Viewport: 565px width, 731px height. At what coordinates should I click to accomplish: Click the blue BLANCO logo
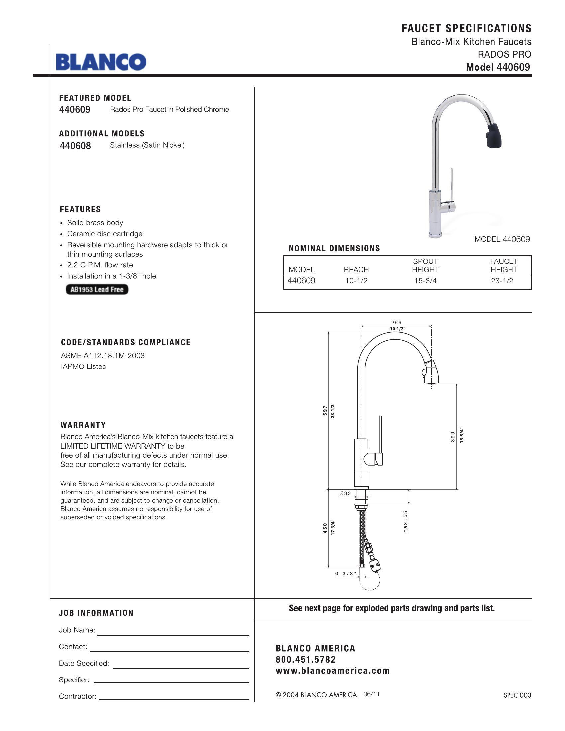[101, 62]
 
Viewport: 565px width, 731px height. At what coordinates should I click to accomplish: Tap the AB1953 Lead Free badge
[97, 289]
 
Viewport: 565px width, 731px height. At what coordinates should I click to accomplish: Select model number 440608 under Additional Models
[75, 146]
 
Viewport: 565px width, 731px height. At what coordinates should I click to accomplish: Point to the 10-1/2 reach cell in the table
[356, 281]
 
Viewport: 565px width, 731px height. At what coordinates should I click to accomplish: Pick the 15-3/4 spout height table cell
[425, 281]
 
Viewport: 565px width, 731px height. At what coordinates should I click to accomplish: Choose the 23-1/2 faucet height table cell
[502, 281]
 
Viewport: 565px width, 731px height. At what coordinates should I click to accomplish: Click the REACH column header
[356, 270]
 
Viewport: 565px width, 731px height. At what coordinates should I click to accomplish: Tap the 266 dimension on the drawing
[396, 322]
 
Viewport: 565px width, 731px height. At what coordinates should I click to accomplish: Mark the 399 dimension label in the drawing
[453, 437]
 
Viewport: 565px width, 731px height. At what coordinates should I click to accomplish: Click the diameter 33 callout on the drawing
[345, 493]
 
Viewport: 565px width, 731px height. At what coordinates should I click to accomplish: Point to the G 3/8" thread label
[346, 574]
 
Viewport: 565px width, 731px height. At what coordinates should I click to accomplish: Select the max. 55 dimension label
[406, 521]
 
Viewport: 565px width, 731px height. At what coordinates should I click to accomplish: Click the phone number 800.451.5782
[305, 659]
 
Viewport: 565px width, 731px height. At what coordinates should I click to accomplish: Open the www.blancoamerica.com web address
[332, 671]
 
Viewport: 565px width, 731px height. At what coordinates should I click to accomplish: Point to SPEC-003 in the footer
[517, 695]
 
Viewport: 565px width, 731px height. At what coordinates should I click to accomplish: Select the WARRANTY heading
[83, 425]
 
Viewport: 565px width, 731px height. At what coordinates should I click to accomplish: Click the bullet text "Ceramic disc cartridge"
[105, 234]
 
